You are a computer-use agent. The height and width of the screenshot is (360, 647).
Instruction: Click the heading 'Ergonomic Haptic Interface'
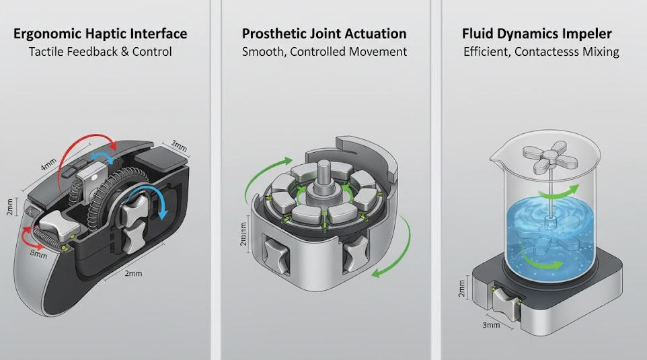tap(100, 34)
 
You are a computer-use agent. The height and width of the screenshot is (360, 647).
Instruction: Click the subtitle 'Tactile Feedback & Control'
tap(100, 52)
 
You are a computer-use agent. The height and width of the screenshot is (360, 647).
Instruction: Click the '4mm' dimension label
tap(48, 165)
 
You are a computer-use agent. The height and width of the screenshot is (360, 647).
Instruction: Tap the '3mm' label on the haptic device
tap(179, 146)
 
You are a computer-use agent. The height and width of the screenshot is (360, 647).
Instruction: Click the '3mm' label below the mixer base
tap(491, 325)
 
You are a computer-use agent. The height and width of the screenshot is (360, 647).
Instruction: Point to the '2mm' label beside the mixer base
tap(461, 289)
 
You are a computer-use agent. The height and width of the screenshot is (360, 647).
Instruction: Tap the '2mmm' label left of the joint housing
tap(243, 234)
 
